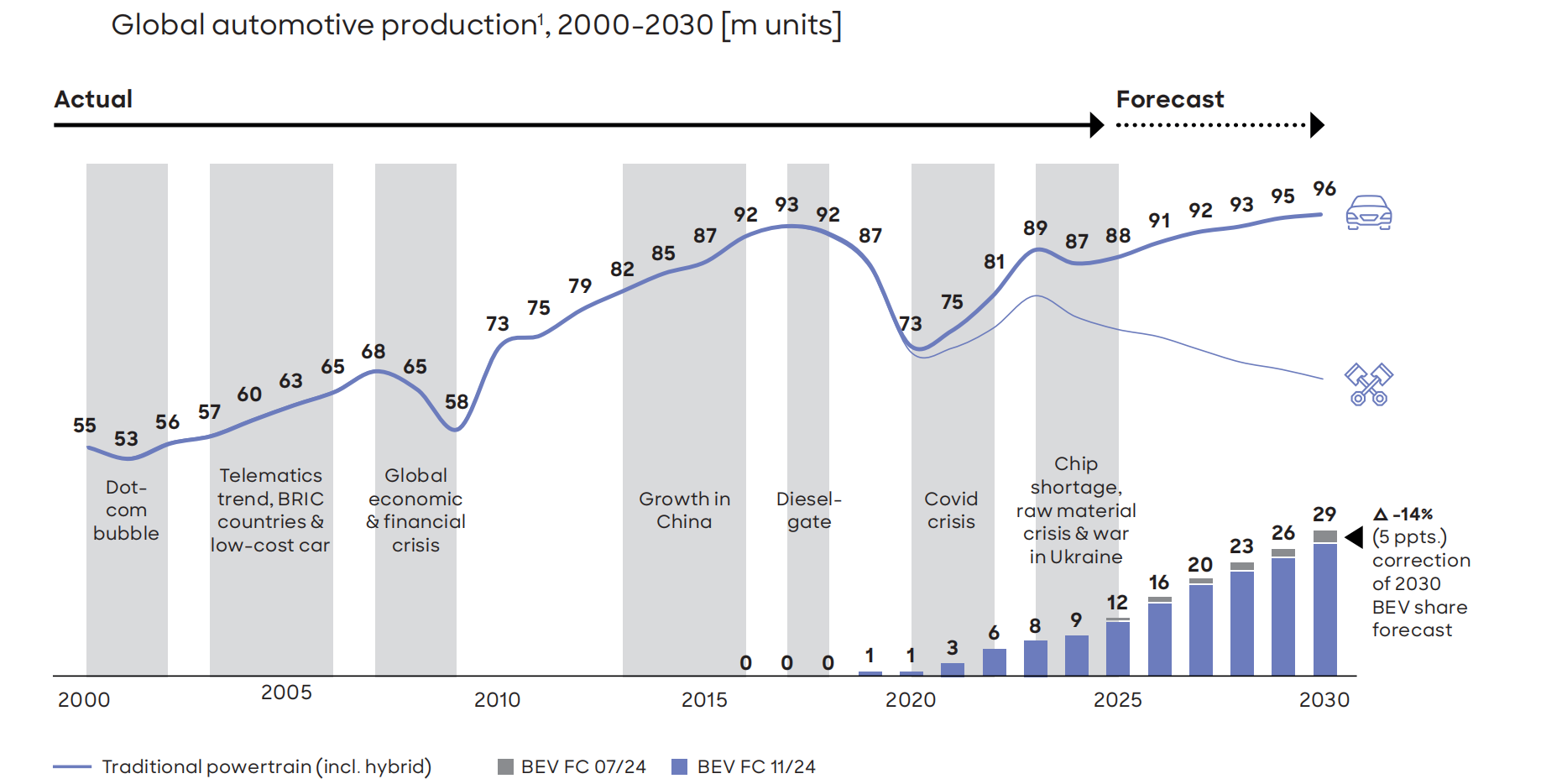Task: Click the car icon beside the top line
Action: (x=1368, y=212)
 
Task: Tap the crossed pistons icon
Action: (x=1368, y=384)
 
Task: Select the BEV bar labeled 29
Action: (x=1324, y=604)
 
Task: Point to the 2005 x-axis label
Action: (x=286, y=693)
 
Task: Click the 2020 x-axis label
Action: (x=910, y=700)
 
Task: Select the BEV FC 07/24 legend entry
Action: (x=572, y=766)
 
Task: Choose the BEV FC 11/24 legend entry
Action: (x=744, y=766)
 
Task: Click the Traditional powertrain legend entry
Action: (x=243, y=766)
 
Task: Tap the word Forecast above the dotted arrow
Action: (x=1169, y=99)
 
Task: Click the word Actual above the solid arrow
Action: (x=93, y=99)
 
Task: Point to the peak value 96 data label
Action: (x=1324, y=189)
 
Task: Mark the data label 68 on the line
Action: (x=373, y=352)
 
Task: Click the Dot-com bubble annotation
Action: (x=126, y=510)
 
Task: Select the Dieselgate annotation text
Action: (x=808, y=510)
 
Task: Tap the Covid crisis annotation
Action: (x=951, y=510)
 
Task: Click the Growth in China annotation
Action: (x=684, y=510)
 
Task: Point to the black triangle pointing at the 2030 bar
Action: (x=1354, y=537)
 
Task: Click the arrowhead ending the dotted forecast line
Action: (x=1317, y=125)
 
